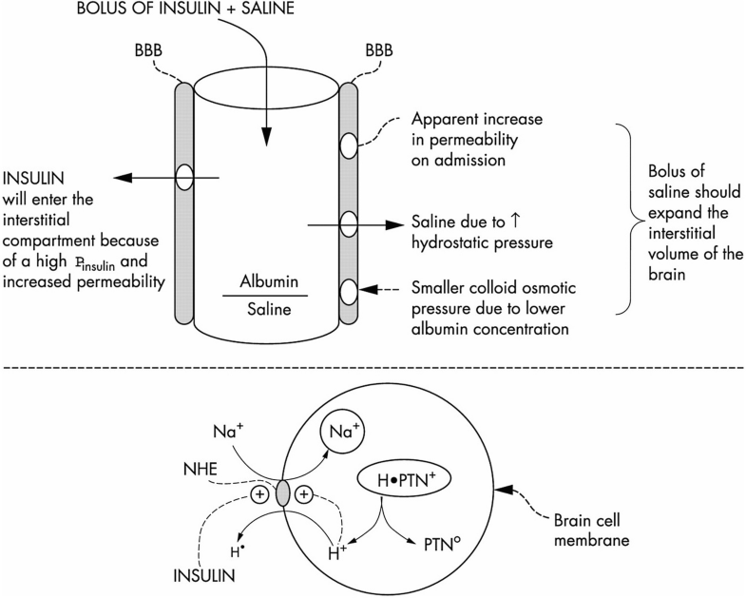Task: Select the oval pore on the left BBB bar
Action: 185,177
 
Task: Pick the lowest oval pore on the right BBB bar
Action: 349,288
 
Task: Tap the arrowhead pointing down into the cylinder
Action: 267,137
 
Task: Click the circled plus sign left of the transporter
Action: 258,494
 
